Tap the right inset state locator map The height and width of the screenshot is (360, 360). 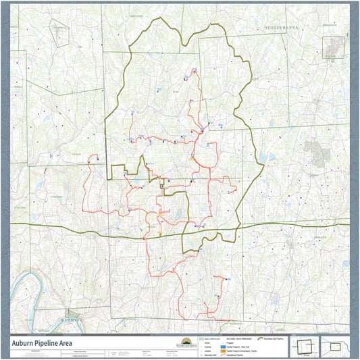click(x=336, y=346)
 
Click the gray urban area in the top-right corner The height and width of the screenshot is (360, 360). click(x=332, y=47)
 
